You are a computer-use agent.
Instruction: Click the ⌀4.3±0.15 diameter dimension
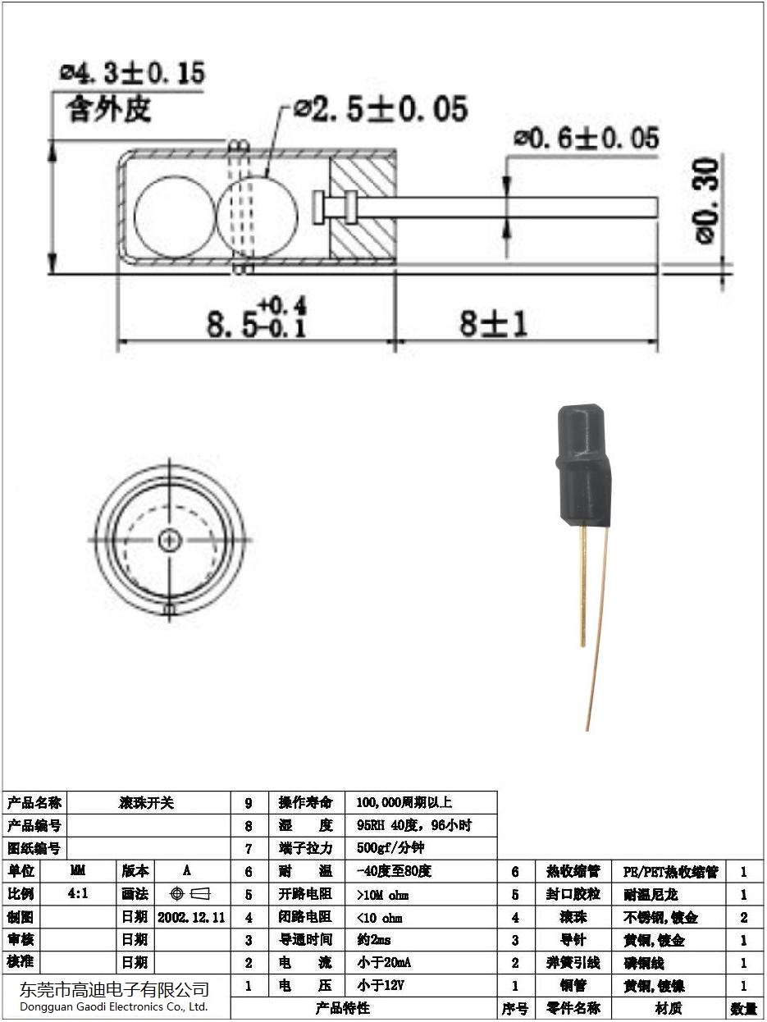point(132,73)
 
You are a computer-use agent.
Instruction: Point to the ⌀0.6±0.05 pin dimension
point(586,139)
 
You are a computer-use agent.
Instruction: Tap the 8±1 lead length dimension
point(493,323)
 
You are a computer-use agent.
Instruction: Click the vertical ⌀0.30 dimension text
point(706,201)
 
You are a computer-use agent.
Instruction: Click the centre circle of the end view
point(171,539)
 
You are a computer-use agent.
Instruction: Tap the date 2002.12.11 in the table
point(191,916)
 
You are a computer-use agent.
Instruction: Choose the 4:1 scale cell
point(79,893)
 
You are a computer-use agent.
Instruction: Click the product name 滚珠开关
point(147,803)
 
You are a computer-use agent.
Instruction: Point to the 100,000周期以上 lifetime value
point(404,803)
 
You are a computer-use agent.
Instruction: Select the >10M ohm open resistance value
point(382,894)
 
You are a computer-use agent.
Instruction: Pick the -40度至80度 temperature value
point(394,871)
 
